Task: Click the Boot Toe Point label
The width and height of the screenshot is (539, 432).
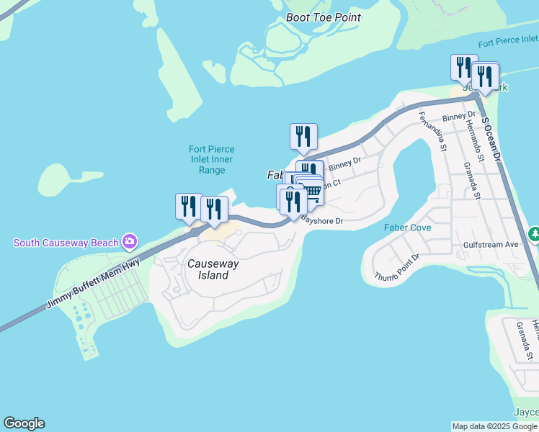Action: click(323, 17)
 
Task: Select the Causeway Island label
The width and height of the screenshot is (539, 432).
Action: click(208, 269)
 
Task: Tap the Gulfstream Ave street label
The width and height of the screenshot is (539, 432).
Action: click(491, 245)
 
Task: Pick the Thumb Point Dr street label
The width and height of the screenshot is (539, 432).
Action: click(397, 267)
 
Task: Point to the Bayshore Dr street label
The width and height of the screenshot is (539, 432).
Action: click(322, 221)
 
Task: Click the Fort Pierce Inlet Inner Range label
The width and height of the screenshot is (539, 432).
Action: click(213, 160)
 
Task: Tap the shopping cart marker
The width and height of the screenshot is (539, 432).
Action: click(312, 190)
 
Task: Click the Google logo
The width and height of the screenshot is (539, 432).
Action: click(24, 423)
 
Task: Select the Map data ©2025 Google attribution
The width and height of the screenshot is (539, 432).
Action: click(494, 426)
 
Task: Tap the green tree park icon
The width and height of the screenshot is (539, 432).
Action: click(534, 234)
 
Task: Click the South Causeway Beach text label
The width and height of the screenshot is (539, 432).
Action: click(66, 243)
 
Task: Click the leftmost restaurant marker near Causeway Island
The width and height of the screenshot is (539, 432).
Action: click(189, 206)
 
